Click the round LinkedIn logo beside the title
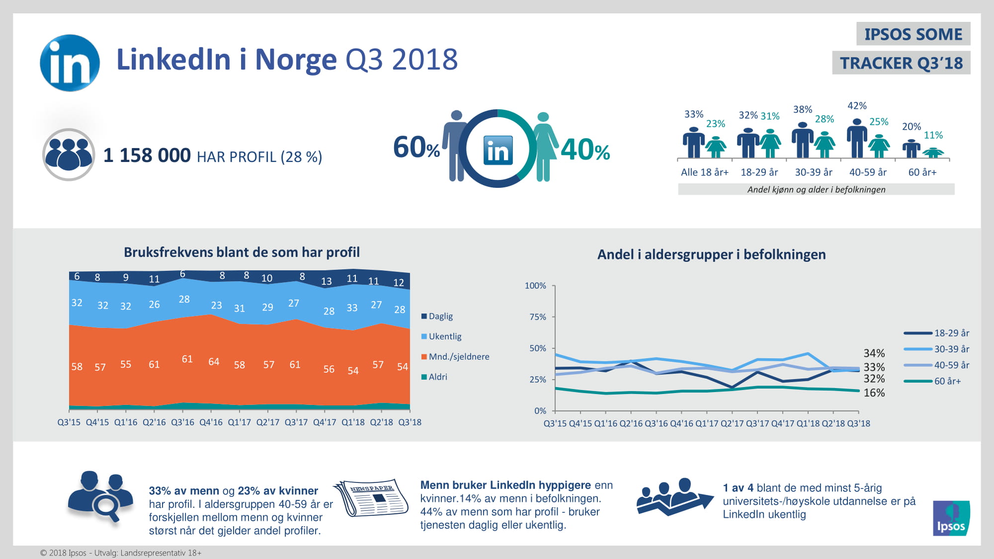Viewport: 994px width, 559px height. (x=70, y=63)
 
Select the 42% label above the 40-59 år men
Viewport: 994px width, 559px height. (x=857, y=106)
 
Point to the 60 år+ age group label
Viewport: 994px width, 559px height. (x=922, y=172)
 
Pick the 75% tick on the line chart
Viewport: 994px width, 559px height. (x=538, y=317)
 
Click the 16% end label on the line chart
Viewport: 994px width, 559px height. (x=874, y=393)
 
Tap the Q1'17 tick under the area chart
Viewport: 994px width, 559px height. (x=240, y=422)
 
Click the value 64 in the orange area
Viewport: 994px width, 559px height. (x=214, y=362)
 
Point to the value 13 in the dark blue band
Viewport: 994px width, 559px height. (x=326, y=282)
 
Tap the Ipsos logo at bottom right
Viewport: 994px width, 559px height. (x=951, y=518)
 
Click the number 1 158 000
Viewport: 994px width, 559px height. (x=147, y=156)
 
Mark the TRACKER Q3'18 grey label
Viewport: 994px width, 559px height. (x=901, y=63)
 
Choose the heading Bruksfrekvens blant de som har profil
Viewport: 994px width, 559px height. (x=242, y=252)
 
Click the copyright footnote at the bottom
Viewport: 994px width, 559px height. (x=121, y=553)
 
